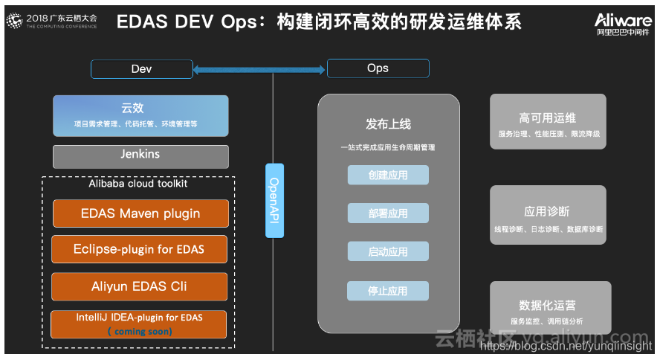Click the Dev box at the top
[141, 69]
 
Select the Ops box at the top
[378, 68]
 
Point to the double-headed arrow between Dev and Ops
[259, 70]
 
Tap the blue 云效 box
[140, 115]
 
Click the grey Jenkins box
[140, 155]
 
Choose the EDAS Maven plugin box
[140, 213]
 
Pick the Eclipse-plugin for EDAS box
[139, 249]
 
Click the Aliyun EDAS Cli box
[139, 286]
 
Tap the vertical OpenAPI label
[274, 200]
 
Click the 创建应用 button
[388, 175]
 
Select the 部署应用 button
[388, 213]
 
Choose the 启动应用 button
[388, 251]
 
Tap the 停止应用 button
[388, 291]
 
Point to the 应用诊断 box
[549, 215]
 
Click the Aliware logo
[623, 23]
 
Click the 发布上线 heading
[388, 124]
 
